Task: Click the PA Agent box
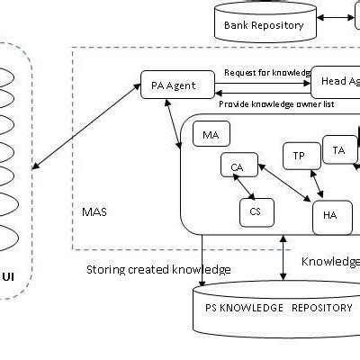pos(179,85)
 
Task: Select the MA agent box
pos(211,135)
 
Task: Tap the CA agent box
pos(238,166)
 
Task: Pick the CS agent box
pos(256,212)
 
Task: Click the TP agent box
pos(300,155)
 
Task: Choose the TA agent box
pos(339,149)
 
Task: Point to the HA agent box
pos(331,216)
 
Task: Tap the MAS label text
pos(94,212)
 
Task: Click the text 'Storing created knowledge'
pos(158,269)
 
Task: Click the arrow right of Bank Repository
pos(339,17)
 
